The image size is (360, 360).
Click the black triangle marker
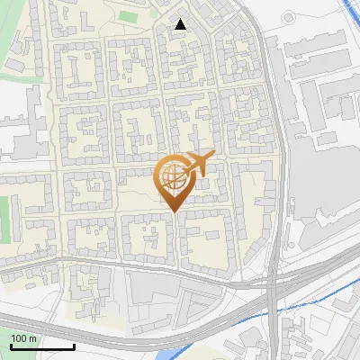tap(181, 25)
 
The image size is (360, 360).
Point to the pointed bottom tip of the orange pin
tap(175, 211)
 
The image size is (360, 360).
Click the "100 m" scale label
tap(24, 337)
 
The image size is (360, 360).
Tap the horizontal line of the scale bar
tap(42, 346)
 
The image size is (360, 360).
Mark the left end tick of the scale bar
tap(11, 346)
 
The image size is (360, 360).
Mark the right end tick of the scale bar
tap(74, 346)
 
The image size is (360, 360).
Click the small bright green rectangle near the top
tap(129, 16)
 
